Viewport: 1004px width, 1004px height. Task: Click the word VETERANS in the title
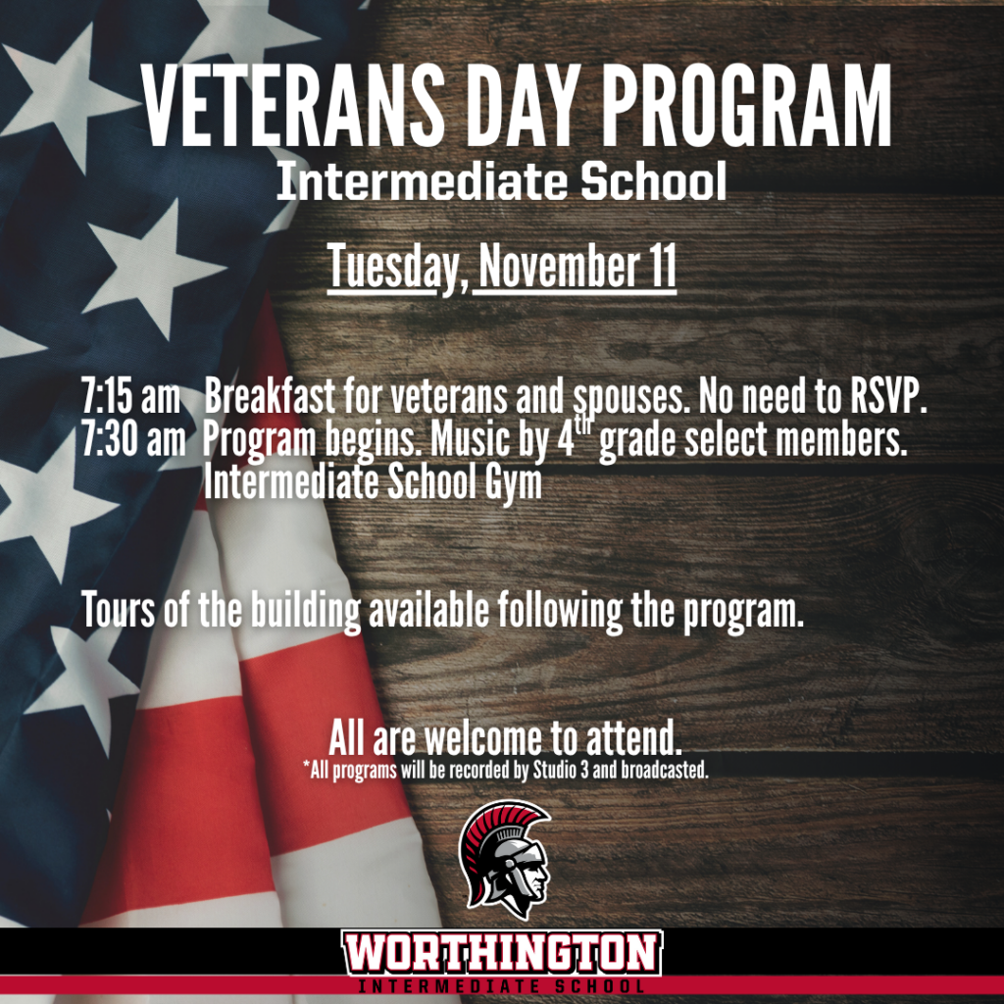[292, 106]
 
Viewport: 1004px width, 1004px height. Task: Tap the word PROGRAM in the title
[746, 106]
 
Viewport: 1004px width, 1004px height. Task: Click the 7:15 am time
[131, 397]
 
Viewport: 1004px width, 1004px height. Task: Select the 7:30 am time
[133, 440]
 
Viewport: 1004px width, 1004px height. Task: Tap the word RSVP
[888, 397]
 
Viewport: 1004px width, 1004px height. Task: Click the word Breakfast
[270, 397]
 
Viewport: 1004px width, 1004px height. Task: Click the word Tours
[119, 611]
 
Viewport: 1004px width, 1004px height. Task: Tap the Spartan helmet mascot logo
[506, 859]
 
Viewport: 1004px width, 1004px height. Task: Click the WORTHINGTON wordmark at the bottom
[502, 953]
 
